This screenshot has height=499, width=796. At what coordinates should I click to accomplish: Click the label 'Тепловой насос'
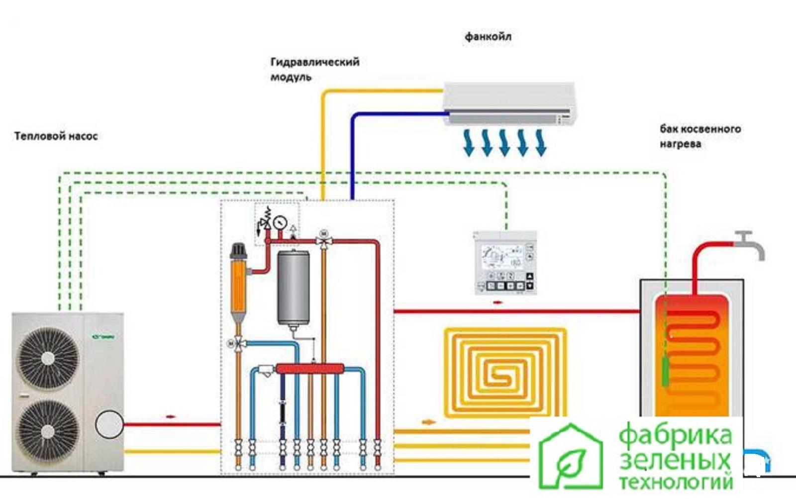(56, 136)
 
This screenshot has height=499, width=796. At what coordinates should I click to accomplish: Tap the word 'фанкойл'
(488, 37)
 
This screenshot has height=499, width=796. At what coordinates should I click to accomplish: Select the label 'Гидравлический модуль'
(314, 69)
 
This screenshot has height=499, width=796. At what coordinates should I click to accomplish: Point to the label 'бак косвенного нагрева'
(700, 136)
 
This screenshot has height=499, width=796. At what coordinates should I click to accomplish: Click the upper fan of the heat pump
(48, 358)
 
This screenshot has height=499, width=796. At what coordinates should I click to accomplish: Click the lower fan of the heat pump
(48, 431)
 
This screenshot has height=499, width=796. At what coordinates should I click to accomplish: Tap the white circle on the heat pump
(109, 424)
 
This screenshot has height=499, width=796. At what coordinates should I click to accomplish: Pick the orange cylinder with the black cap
(238, 284)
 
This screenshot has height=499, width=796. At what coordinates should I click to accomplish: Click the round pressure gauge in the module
(281, 221)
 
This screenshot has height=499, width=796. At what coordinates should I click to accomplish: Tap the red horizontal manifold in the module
(309, 369)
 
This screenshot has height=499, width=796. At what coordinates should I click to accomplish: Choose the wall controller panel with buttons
(505, 262)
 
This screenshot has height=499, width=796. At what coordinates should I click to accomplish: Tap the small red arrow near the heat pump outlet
(171, 416)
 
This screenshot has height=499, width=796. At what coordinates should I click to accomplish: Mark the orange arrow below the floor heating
(428, 422)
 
